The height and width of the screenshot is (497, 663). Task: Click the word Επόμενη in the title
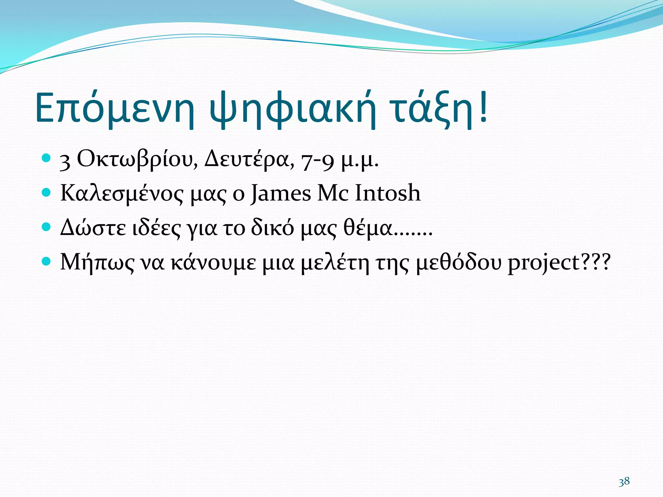tap(115, 108)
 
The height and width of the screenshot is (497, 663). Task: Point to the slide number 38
tap(624, 481)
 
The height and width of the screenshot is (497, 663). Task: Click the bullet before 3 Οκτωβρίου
tap(47, 158)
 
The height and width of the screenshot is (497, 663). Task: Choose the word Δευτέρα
tap(249, 160)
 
